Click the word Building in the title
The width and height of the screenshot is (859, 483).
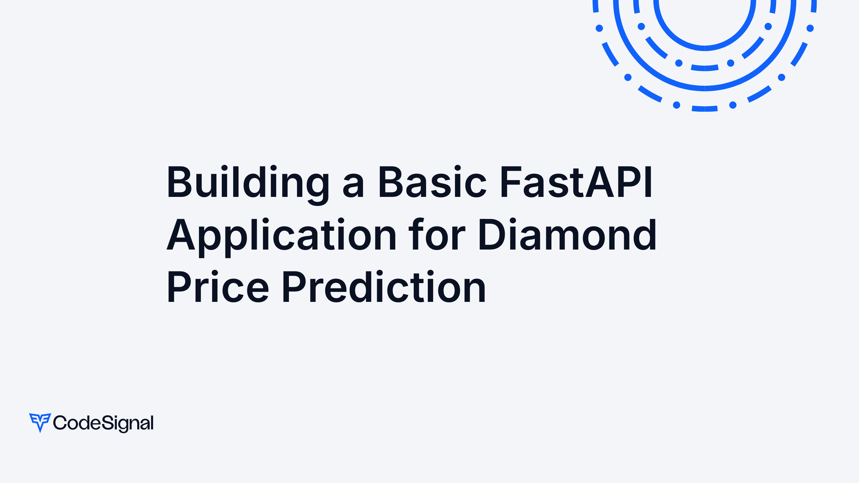[248, 183]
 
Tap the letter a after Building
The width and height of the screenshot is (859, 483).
[353, 187]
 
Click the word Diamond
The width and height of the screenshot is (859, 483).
[567, 235]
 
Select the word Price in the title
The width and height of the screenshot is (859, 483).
[217, 287]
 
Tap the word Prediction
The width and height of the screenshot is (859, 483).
[384, 287]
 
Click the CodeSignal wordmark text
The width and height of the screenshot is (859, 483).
[103, 423]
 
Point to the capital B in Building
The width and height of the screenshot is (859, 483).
[179, 182]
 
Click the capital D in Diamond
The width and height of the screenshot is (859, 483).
[492, 235]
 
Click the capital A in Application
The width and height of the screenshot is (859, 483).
[181, 235]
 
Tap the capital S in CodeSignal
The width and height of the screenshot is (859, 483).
[107, 423]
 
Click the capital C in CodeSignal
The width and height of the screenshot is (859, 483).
[60, 423]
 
